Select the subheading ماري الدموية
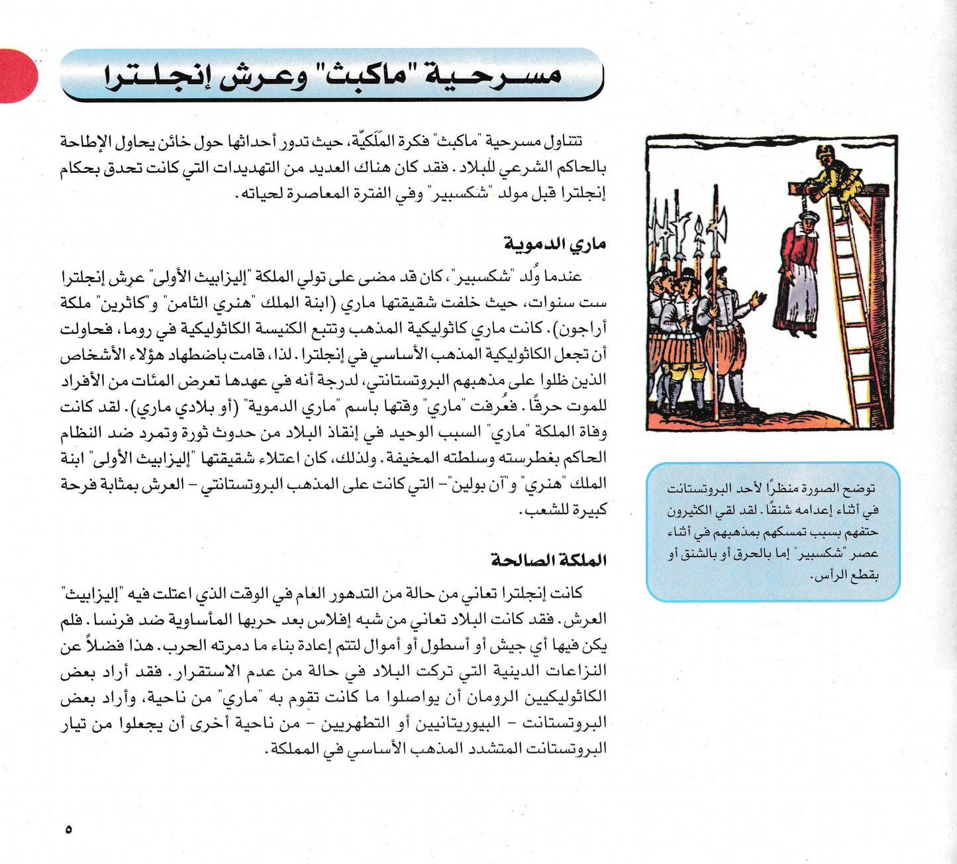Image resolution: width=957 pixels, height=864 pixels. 555,244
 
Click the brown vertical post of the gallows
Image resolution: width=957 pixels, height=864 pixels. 880,298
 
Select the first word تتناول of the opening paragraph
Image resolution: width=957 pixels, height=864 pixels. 564,142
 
